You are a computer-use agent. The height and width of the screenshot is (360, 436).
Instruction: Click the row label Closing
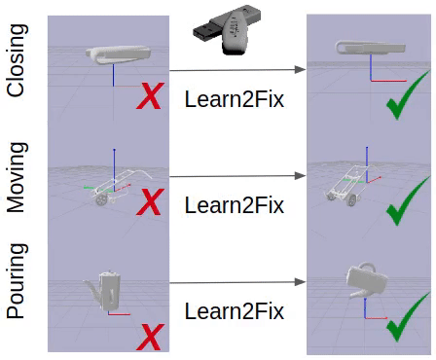click(16, 60)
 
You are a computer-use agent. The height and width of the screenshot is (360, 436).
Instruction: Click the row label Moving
click(17, 177)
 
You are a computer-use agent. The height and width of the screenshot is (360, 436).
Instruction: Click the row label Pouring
click(17, 281)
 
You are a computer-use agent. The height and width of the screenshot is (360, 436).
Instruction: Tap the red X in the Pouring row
click(151, 338)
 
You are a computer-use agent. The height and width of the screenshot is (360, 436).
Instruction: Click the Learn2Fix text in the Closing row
click(235, 99)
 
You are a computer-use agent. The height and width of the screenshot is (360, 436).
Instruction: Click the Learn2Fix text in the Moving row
click(235, 205)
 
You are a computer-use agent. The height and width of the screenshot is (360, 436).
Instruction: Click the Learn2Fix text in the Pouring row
click(235, 311)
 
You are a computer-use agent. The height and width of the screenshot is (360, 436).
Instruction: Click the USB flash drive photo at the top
click(227, 29)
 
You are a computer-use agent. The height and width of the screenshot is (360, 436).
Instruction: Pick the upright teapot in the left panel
click(104, 290)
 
